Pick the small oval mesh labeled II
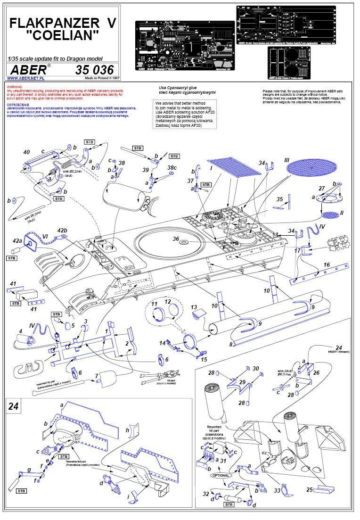[x=329, y=215]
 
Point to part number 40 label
[x=27, y=152]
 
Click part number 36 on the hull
[x=176, y=239]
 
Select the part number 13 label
[x=194, y=307]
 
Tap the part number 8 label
[x=231, y=345]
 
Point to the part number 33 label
[x=277, y=490]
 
